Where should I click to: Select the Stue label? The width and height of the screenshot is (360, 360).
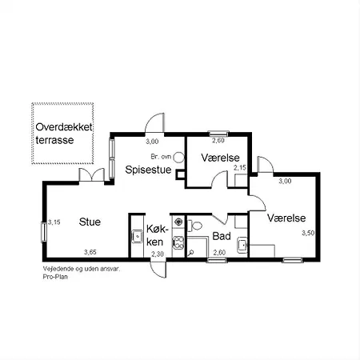coord(90,222)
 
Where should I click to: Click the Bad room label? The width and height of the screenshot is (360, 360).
coord(222,237)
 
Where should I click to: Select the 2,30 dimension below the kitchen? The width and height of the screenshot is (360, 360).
coord(158,254)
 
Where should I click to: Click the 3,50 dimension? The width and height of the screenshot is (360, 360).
coord(308,233)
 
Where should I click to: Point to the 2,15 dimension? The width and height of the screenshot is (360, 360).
coord(239,168)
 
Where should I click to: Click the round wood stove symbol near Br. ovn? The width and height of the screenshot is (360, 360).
coord(178,157)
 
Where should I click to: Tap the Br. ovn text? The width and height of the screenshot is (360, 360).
coord(160,157)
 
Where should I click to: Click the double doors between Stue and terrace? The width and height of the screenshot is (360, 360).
coord(91,176)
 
